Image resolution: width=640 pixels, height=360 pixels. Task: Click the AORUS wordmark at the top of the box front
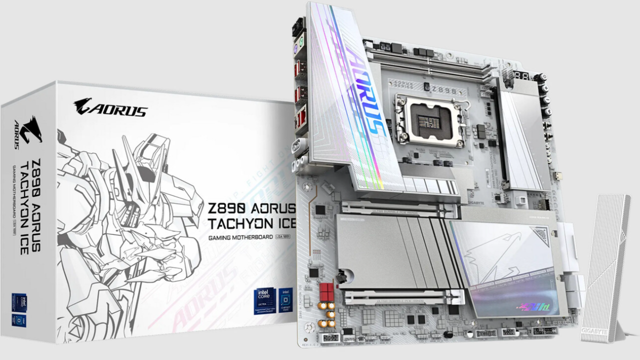pos(111,107)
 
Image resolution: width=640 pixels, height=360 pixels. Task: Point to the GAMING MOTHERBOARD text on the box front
pos(240,237)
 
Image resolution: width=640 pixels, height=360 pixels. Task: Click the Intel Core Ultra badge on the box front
pos(265,299)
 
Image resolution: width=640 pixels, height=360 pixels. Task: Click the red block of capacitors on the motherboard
pos(327,289)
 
